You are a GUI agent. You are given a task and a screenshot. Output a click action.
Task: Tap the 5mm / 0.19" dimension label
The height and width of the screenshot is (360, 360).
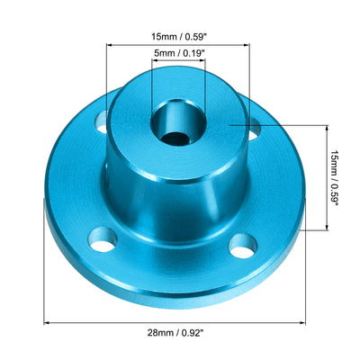point(178,54)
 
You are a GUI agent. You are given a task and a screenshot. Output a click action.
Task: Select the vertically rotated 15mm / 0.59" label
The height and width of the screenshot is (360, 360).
point(334,178)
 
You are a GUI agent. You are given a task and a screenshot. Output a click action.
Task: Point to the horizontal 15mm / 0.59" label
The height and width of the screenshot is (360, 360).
point(178,37)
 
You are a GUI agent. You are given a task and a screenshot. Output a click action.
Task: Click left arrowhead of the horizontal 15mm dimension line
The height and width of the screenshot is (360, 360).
point(111,46)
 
